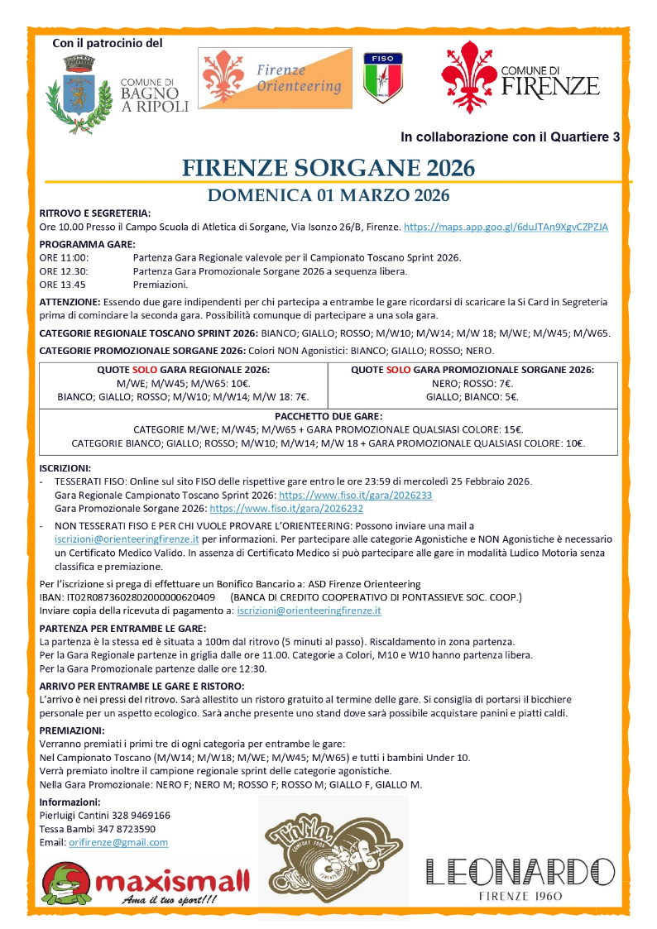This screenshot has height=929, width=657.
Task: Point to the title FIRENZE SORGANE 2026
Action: [x=328, y=168]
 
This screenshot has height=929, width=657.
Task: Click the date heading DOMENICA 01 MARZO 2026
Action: [x=328, y=196]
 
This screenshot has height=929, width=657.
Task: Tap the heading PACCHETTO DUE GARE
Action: [x=328, y=415]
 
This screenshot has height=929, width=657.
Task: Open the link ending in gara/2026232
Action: [x=286, y=508]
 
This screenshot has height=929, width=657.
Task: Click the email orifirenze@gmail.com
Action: [x=117, y=842]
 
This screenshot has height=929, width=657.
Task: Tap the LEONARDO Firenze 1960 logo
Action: [x=520, y=879]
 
